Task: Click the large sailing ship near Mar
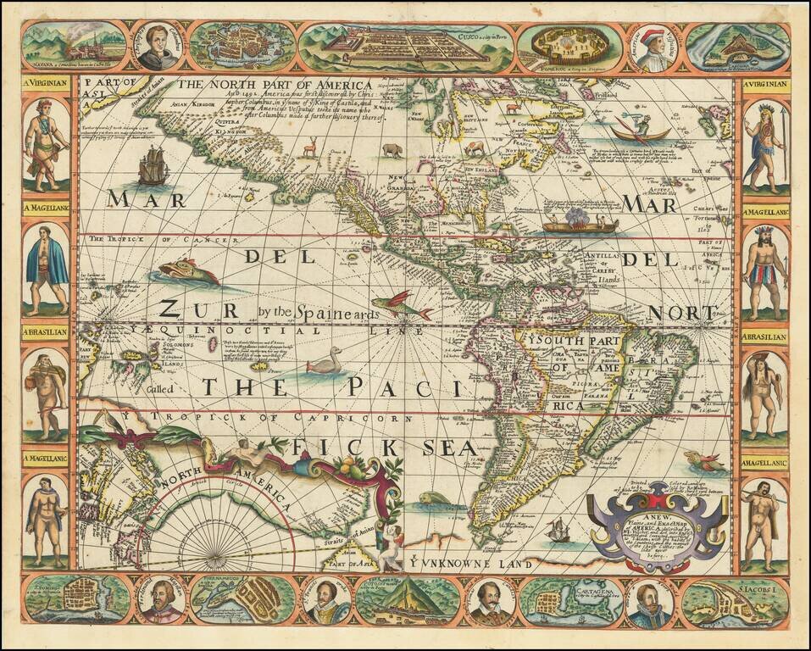[153, 165]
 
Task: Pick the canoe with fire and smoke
[580, 222]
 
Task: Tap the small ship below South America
[558, 531]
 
